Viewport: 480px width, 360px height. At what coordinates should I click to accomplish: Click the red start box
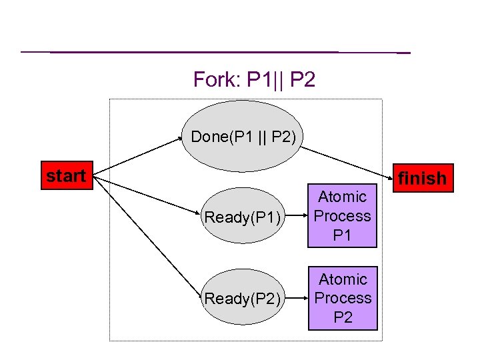66,176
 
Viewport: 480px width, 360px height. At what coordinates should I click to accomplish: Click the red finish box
422,178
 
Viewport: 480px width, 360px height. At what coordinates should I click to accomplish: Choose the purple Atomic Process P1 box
343,216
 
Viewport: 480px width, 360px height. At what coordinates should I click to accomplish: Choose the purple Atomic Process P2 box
343,298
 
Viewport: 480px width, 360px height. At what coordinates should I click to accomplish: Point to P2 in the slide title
303,80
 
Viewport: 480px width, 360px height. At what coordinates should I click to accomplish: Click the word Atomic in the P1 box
343,197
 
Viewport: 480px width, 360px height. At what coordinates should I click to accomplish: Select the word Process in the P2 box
343,298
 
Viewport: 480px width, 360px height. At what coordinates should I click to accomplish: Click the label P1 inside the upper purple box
343,235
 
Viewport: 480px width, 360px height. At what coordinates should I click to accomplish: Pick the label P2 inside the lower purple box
343,317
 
